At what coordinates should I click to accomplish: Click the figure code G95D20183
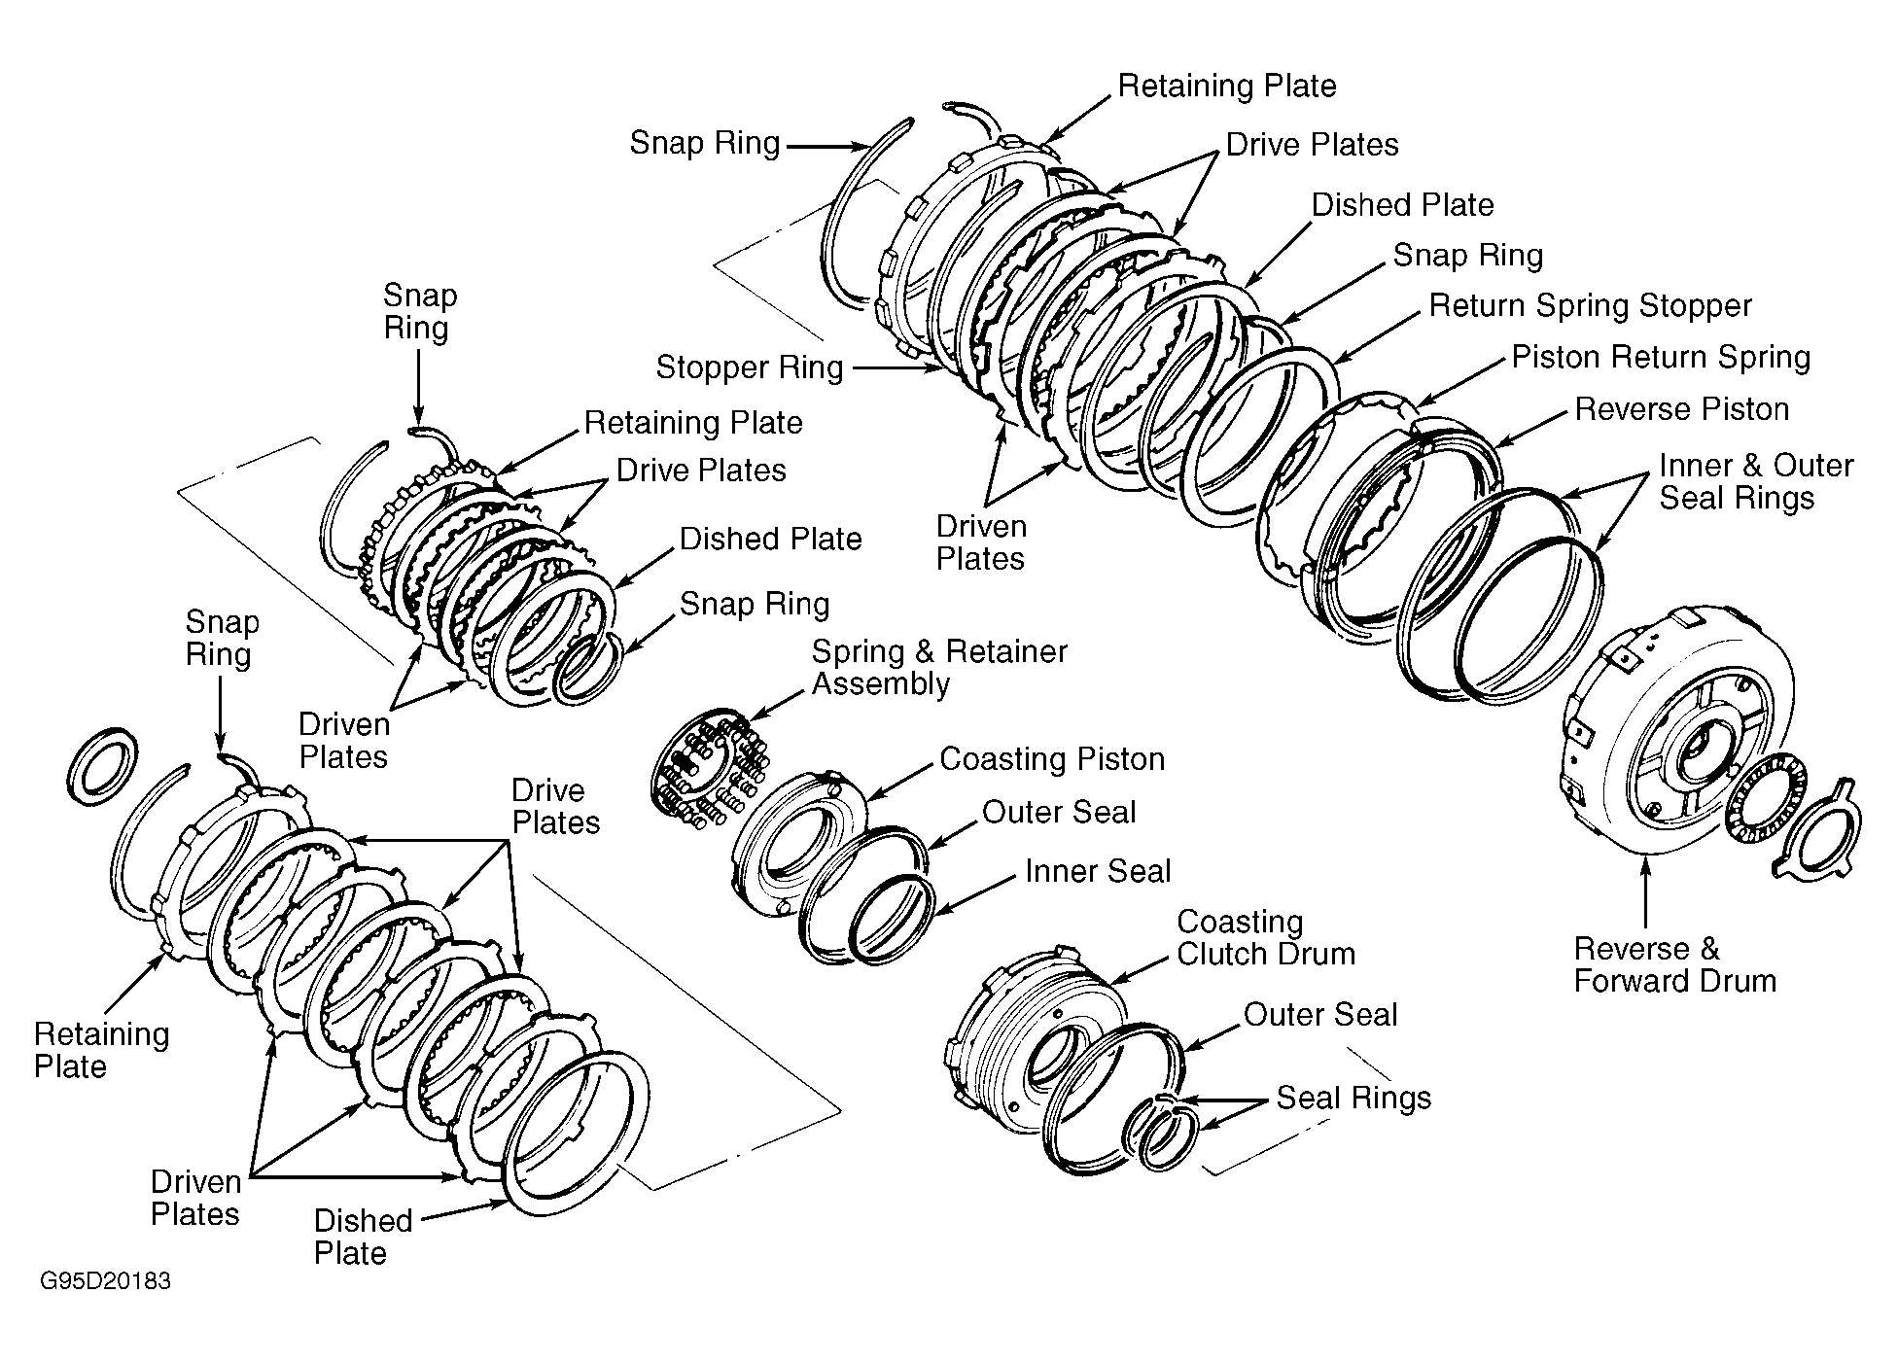[105, 1281]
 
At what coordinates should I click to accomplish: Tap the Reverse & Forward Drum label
[1674, 964]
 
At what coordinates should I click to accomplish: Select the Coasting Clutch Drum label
[1266, 937]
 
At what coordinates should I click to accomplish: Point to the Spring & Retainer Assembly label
[939, 667]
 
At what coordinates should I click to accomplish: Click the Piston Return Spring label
[1661, 357]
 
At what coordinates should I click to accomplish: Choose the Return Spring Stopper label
[1590, 305]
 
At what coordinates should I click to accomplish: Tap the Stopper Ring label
[750, 367]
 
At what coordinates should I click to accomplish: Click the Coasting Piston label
[1052, 758]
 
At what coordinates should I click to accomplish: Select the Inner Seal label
[1098, 871]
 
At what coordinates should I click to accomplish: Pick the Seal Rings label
[1353, 1098]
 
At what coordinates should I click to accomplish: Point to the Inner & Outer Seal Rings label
[1756, 481]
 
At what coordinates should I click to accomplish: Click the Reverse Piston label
[1681, 408]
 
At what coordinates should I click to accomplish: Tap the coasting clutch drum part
[1031, 1040]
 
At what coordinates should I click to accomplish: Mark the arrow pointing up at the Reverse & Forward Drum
[1645, 891]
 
